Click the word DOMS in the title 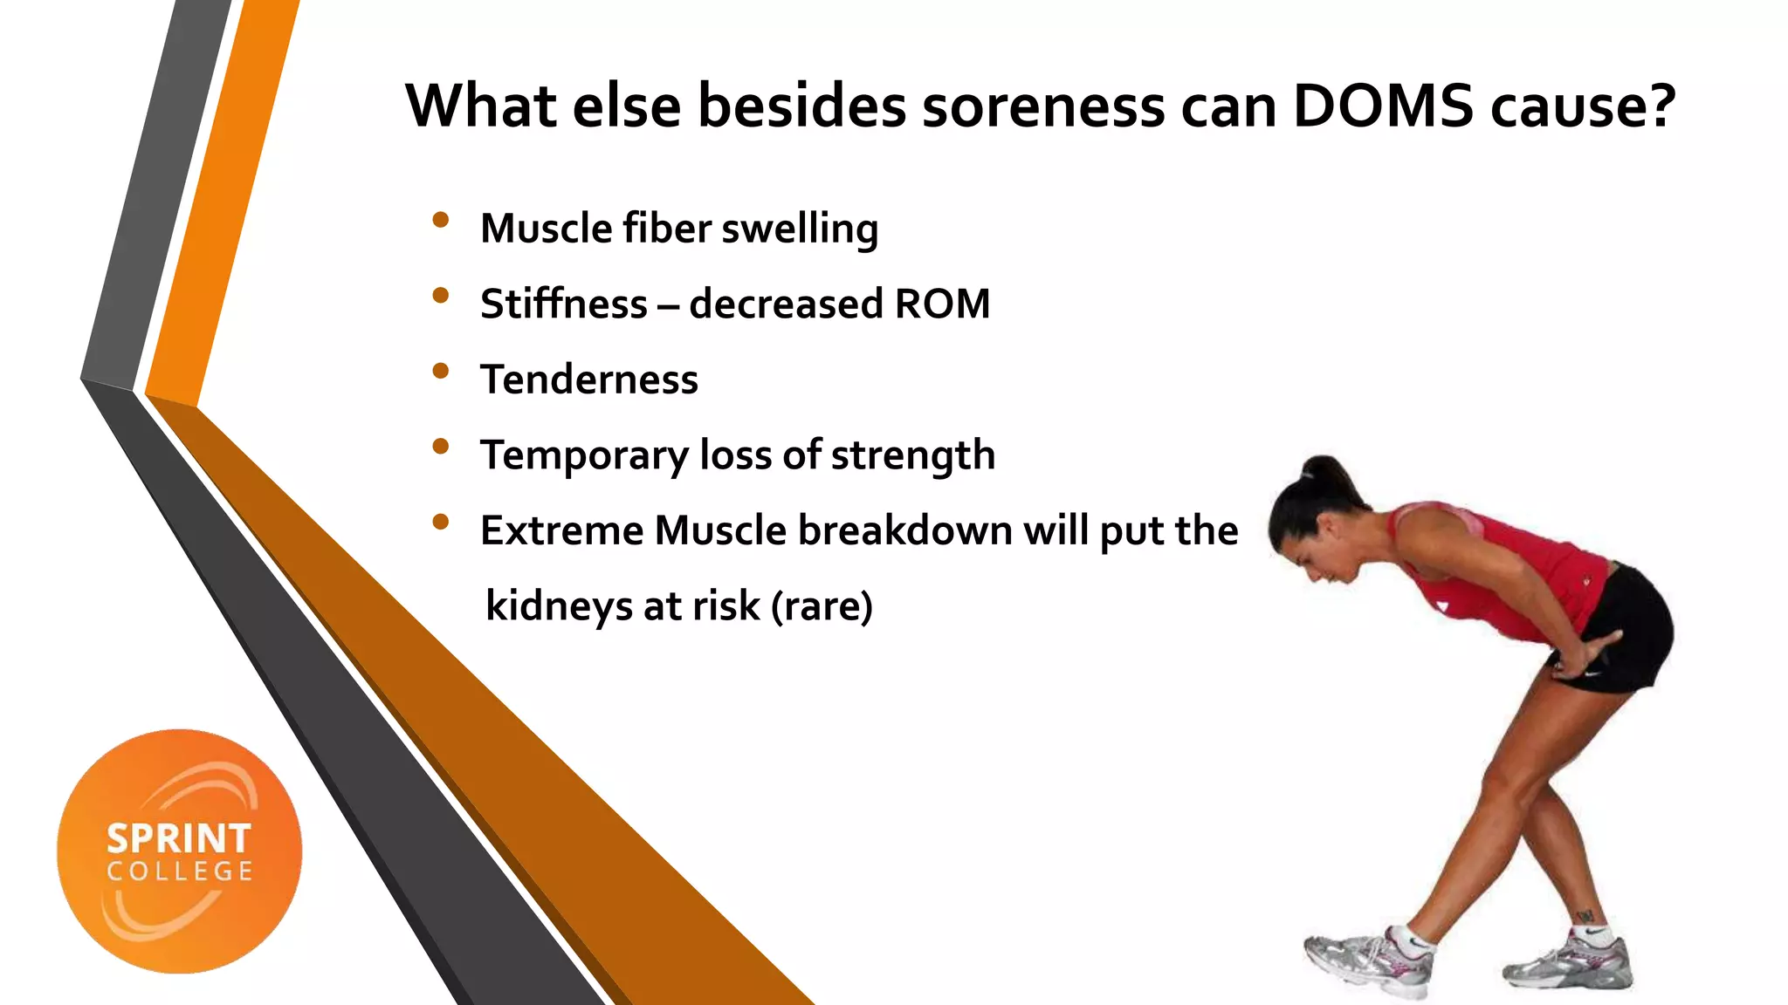pos(1383,106)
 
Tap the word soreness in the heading pos(1042,106)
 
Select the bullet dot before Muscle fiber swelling pos(441,220)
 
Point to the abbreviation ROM pos(942,304)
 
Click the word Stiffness pos(564,304)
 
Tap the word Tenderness pos(589,379)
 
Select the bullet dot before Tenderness pos(441,371)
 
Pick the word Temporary pos(584,455)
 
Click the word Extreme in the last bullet pos(560,530)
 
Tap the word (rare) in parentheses pos(822,606)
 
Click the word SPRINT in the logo pos(179,839)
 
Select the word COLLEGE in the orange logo pos(180,872)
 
